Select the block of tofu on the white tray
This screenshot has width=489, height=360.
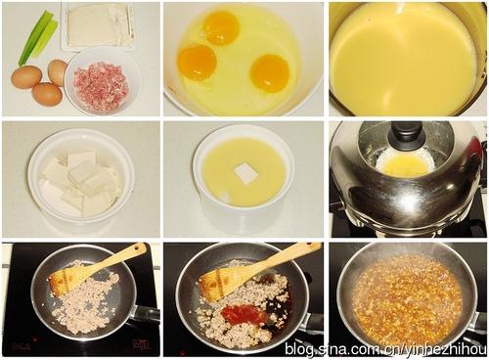tap(98, 24)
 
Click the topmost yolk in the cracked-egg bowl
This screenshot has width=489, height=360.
tap(222, 27)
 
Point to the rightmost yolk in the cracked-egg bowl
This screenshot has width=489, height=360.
tap(270, 73)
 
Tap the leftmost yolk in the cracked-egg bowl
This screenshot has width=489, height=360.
tap(198, 63)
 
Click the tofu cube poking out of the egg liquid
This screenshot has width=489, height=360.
tap(246, 173)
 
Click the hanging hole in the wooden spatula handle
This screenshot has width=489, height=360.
tap(142, 248)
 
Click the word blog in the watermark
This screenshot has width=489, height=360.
tap(297, 349)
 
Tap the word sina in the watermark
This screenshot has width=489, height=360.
tap(327, 349)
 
